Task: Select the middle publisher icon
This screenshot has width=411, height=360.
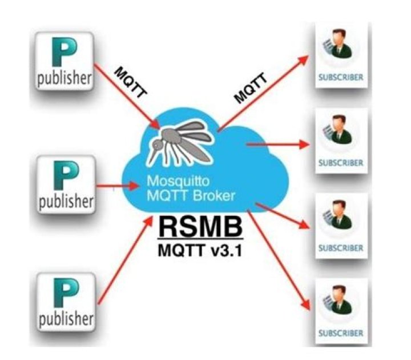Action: point(65,184)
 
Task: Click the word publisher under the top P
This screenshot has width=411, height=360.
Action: point(65,79)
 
